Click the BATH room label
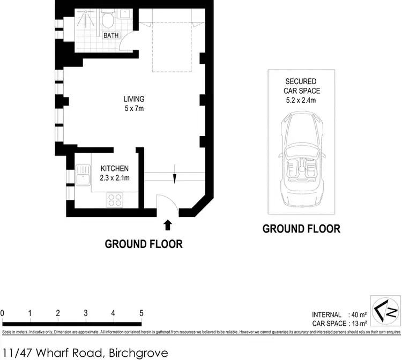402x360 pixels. tap(111, 35)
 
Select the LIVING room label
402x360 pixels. tap(134, 99)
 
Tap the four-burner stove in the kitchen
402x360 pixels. tap(115, 200)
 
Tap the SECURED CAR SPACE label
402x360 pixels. tap(301, 86)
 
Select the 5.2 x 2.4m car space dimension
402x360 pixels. tap(301, 100)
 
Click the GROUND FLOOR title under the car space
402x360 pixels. tap(301, 229)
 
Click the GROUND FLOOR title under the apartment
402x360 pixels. tap(144, 244)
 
